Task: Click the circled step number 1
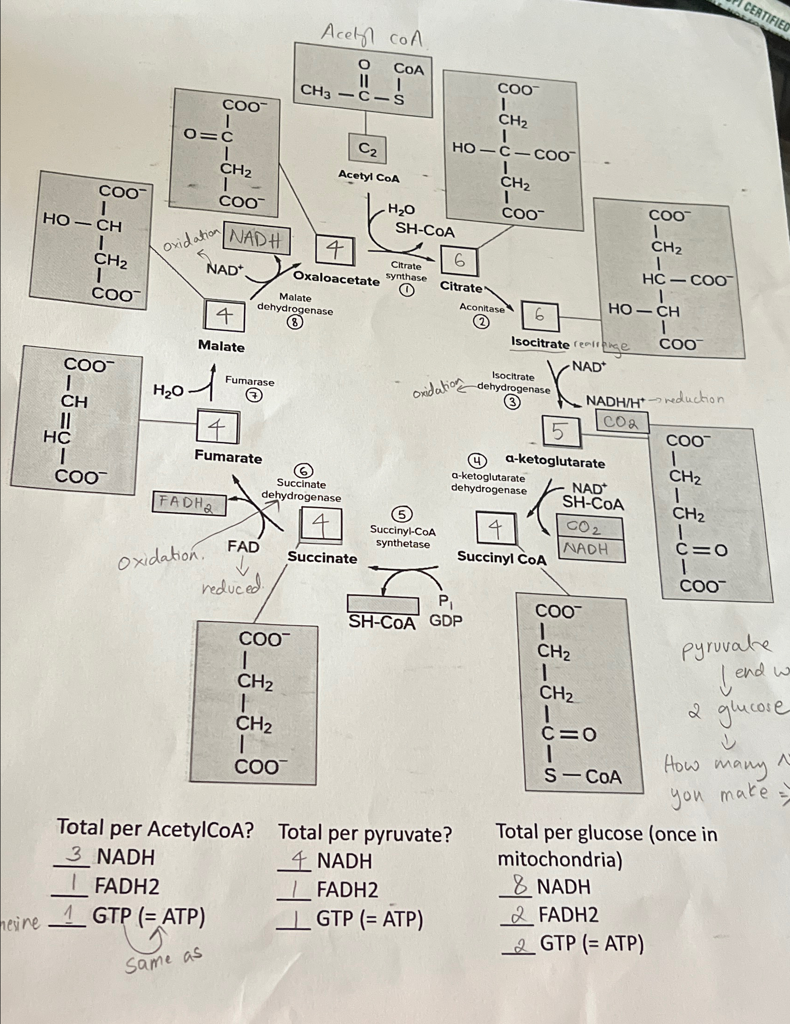[406, 291]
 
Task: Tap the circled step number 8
[295, 322]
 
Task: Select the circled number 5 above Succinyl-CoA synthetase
[402, 515]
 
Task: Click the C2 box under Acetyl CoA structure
[367, 150]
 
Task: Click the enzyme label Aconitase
[482, 308]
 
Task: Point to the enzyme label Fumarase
[250, 381]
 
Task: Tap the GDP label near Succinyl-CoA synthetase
[445, 621]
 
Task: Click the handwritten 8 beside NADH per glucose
[519, 886]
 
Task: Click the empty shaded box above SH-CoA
[383, 604]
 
